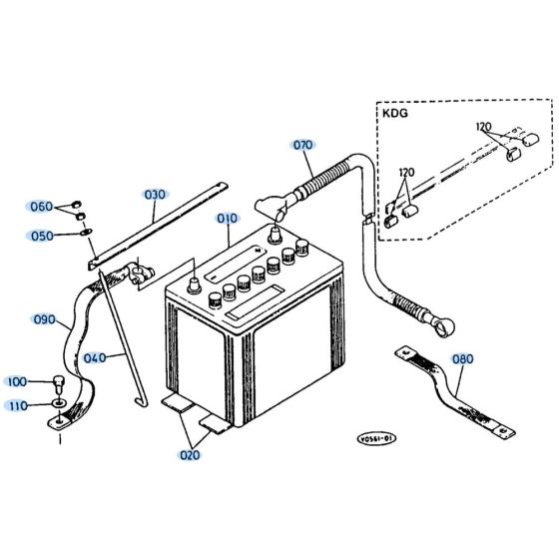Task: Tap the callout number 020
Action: point(189,455)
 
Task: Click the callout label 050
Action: point(41,237)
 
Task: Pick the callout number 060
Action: point(41,207)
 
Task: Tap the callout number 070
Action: point(302,144)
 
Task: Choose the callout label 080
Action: point(464,358)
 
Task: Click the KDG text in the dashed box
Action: point(395,115)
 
